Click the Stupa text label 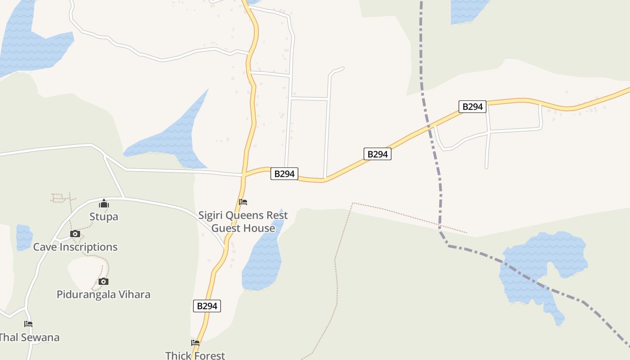point(103,216)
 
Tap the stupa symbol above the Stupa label point(104,204)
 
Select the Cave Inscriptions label point(75,247)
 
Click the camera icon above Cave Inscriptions point(75,234)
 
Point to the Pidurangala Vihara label point(103,295)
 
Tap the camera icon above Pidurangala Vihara point(103,282)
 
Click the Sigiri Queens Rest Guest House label point(243,222)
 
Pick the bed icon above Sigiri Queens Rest point(243,202)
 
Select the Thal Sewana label point(29,337)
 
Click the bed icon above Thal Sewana point(28,324)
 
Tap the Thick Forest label point(195,355)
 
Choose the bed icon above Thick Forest point(195,343)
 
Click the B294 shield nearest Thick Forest point(207,306)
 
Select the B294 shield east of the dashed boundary point(472,107)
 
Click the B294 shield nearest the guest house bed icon point(284,174)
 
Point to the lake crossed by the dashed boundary point(540,265)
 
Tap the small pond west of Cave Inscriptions point(24,237)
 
